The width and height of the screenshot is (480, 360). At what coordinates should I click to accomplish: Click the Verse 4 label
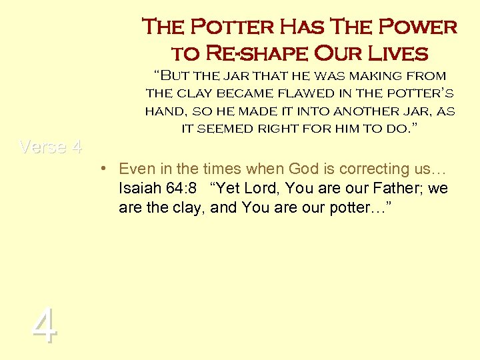click(x=51, y=147)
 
